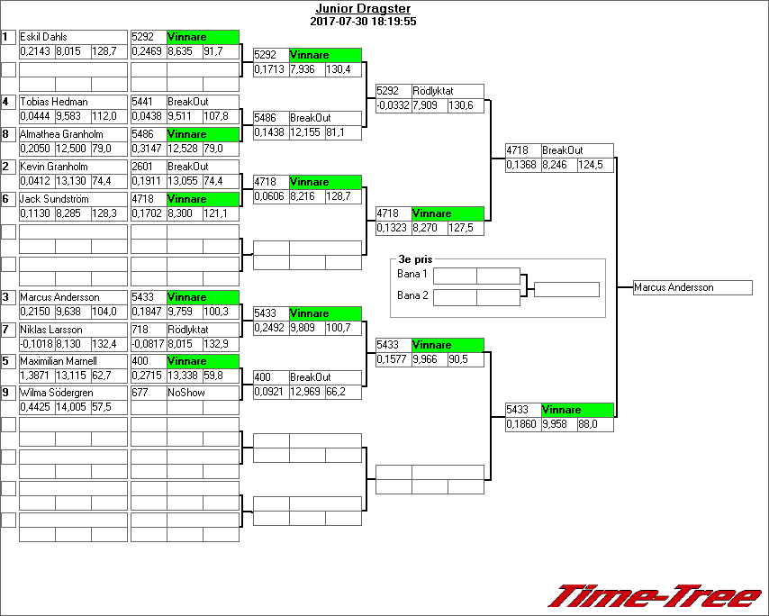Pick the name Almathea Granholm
pos(61,134)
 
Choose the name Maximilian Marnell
pos(58,361)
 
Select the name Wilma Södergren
pos(55,394)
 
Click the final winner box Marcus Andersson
pos(692,287)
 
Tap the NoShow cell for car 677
pos(186,394)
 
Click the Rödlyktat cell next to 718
pos(188,330)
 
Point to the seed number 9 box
pos(8,393)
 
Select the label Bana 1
pos(412,274)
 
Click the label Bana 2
pos(412,294)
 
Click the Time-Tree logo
pos(655,595)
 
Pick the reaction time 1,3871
pos(36,376)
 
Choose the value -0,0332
pos(393,105)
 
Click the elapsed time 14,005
pos(73,407)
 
